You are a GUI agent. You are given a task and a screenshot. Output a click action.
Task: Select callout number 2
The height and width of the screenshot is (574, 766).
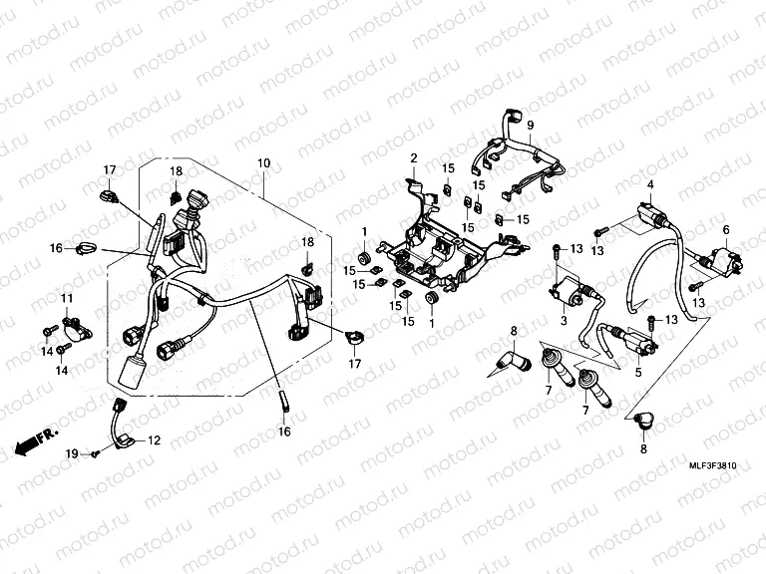413,158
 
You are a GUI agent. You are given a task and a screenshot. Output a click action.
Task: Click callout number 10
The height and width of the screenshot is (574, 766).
264,161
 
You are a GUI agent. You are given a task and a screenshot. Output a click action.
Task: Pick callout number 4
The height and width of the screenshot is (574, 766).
650,185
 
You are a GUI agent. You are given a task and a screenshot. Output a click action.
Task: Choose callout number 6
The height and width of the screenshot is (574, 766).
726,230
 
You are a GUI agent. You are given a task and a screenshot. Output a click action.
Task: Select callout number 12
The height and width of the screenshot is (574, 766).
154,440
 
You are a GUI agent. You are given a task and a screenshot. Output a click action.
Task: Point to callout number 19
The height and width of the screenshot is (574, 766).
72,454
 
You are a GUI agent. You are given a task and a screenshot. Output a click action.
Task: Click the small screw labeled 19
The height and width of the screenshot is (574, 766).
93,454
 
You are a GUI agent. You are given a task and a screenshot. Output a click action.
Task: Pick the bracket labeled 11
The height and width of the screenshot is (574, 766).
74,325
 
